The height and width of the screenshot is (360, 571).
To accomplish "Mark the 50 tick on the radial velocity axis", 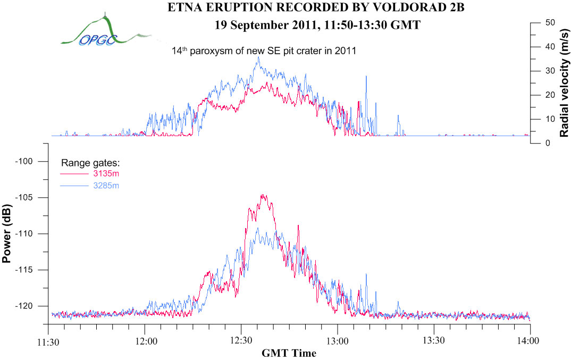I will [550, 23].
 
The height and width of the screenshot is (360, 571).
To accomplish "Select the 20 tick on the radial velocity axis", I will [550, 95].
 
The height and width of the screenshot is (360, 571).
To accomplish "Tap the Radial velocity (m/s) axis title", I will [564, 82].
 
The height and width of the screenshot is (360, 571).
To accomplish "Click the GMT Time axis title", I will [289, 353].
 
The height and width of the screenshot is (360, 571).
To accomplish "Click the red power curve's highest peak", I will [262, 195].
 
